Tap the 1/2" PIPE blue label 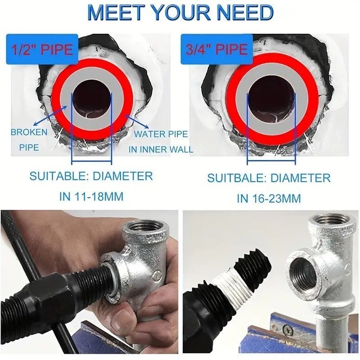pos(42,49)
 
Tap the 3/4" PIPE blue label pos(216,49)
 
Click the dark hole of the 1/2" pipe pos(92,99)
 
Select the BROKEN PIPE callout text pos(29,139)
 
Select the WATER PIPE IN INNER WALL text pos(161,142)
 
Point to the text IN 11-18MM pos(91,197)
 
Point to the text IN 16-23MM pos(269,198)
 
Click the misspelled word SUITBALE pos(237,178)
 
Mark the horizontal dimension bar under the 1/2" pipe pos(92,161)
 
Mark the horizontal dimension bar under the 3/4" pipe pos(271,161)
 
